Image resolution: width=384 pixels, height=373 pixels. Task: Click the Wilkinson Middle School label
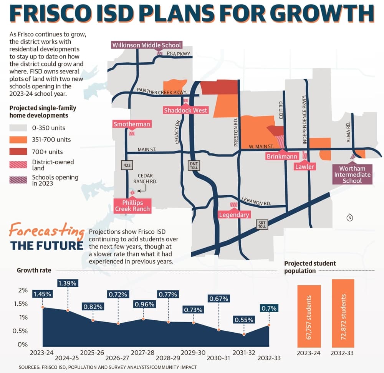pyautogui.click(x=147, y=45)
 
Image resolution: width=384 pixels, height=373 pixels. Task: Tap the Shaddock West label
pyautogui.click(x=185, y=110)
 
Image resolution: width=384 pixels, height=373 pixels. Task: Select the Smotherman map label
pyautogui.click(x=132, y=124)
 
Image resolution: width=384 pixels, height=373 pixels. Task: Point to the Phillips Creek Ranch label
pyautogui.click(x=132, y=206)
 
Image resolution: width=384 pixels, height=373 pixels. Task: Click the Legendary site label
pyautogui.click(x=234, y=215)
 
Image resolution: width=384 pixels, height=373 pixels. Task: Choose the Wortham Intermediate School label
pyautogui.click(x=352, y=175)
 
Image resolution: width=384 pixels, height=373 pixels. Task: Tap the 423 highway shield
pyautogui.click(x=127, y=165)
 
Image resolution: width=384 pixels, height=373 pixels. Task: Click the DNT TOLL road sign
pyautogui.click(x=194, y=165)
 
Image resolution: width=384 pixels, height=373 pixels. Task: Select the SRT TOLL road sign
pyautogui.click(x=262, y=225)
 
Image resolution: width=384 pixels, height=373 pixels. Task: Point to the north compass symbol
pyautogui.click(x=350, y=218)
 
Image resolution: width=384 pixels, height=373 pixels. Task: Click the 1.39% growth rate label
pyautogui.click(x=67, y=283)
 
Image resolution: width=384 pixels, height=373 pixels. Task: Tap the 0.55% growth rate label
pyautogui.click(x=244, y=320)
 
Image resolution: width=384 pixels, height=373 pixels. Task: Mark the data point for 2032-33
pyautogui.click(x=269, y=325)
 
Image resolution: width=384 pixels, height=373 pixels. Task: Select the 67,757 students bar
pyautogui.click(x=309, y=316)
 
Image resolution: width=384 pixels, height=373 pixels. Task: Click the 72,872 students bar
pyautogui.click(x=343, y=313)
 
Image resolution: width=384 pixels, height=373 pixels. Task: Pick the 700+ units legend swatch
pyautogui.click(x=18, y=152)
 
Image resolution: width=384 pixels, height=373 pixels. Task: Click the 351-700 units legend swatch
pyautogui.click(x=18, y=140)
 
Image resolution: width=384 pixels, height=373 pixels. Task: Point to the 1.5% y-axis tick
pyautogui.click(x=21, y=304)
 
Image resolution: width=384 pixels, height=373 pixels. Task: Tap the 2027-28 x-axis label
pyautogui.click(x=142, y=353)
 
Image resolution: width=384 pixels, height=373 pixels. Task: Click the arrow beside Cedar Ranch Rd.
pyautogui.click(x=142, y=189)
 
